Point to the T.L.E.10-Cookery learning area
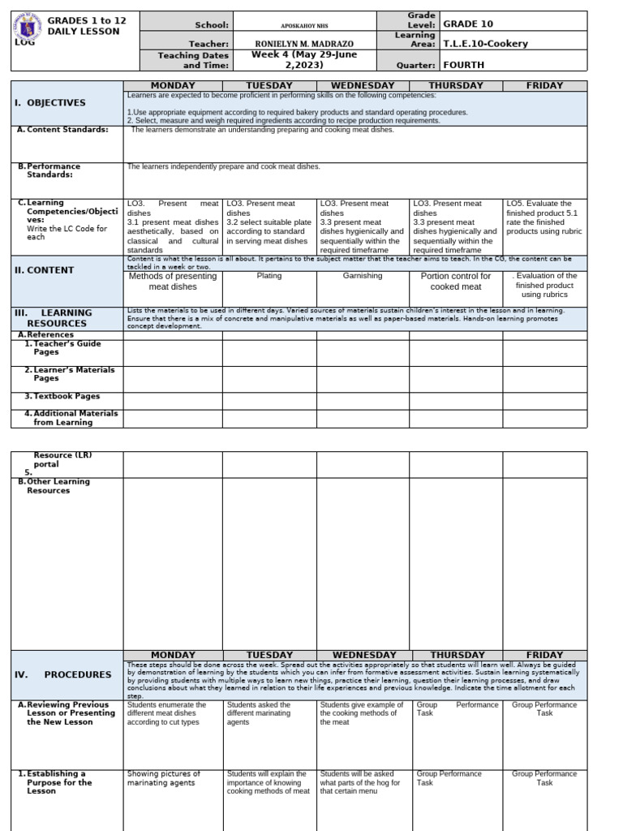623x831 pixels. coord(485,44)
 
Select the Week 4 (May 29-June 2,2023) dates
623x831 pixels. coord(304,60)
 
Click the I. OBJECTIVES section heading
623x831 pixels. coord(50,103)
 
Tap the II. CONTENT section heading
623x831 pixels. coord(45,270)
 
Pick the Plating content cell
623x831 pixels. coord(269,276)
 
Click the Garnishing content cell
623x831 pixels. coord(363,276)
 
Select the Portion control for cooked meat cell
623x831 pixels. coord(455,281)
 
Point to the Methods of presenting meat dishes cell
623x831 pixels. coord(173,281)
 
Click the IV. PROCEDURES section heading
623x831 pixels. coord(63,674)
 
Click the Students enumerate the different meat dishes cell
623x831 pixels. coord(167,713)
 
